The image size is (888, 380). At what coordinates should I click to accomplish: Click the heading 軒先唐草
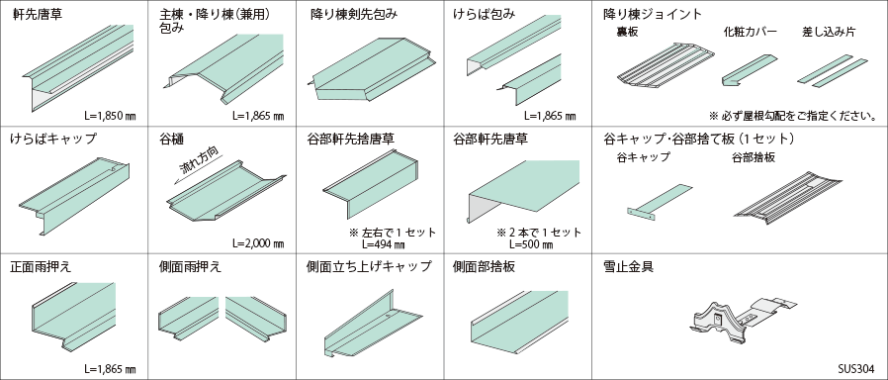[38, 15]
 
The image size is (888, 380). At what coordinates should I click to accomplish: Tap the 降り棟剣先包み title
[354, 15]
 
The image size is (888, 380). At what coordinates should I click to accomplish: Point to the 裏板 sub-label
[627, 33]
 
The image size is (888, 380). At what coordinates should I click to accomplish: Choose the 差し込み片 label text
[829, 33]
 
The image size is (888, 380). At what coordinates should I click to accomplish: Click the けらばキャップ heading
[53, 140]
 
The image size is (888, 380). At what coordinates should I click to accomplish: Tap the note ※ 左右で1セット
[393, 233]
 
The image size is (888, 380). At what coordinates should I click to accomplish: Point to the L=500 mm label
[531, 244]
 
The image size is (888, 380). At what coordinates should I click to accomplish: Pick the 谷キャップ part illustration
[660, 200]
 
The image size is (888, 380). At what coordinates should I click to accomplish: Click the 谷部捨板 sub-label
[754, 158]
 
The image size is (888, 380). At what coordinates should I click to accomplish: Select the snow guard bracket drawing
[744, 320]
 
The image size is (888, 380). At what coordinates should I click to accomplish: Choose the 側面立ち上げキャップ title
[369, 266]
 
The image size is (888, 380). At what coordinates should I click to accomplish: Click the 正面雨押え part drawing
[73, 316]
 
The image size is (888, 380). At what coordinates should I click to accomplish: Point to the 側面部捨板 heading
[485, 266]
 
